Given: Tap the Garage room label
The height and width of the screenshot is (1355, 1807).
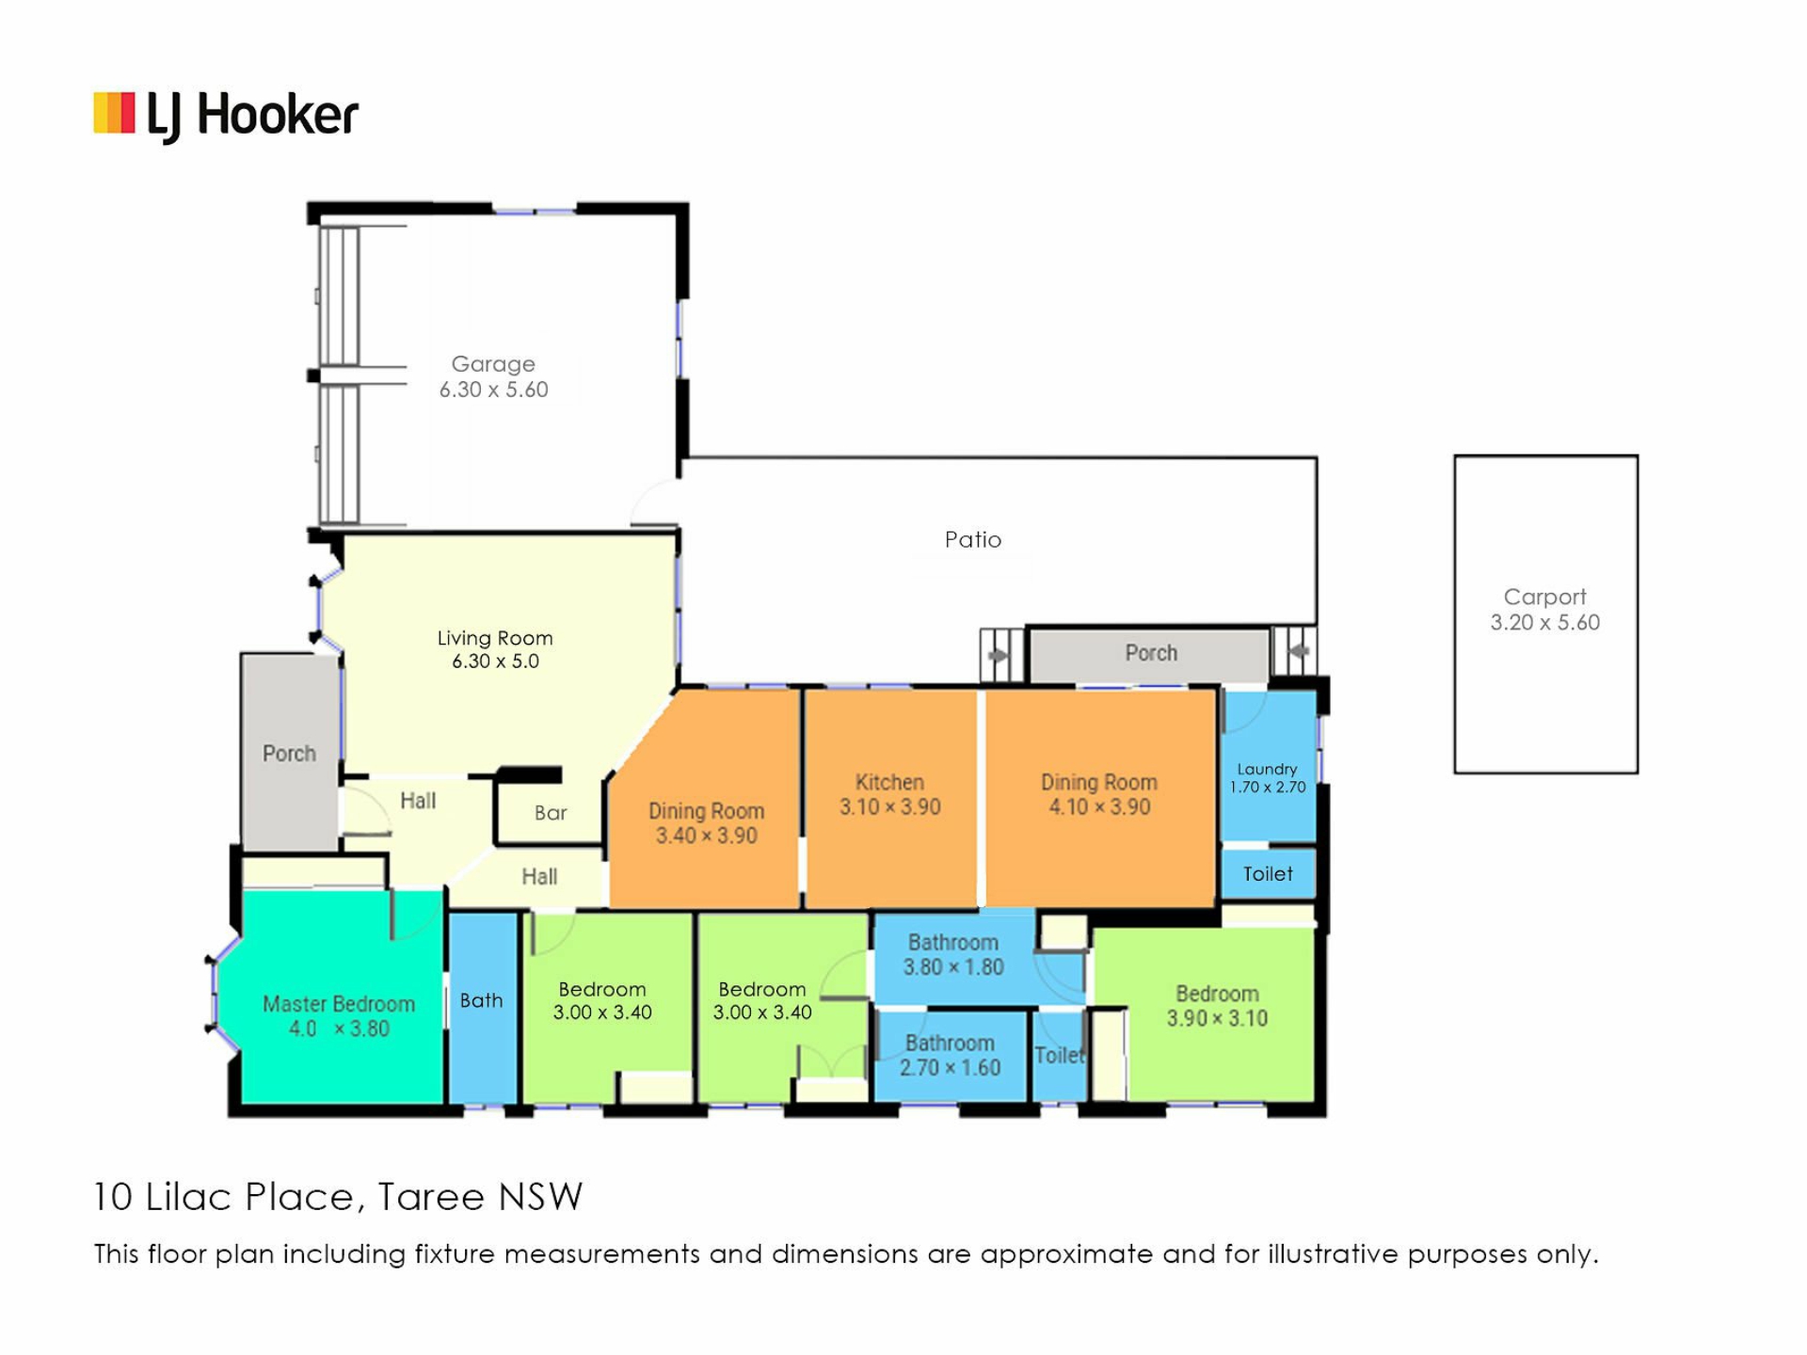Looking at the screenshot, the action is (493, 363).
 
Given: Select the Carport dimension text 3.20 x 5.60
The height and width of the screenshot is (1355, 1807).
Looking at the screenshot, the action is (1544, 622).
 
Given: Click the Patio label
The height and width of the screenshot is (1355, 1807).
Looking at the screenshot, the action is (973, 539).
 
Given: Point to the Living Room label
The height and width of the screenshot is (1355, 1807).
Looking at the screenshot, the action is (495, 638).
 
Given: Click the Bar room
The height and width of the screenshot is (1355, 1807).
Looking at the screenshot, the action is (551, 809).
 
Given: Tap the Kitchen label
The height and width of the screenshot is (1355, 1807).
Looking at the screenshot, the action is (889, 782).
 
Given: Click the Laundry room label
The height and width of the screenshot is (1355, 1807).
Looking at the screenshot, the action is (1267, 769).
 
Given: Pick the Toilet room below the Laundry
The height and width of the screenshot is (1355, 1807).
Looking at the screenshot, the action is (1268, 873).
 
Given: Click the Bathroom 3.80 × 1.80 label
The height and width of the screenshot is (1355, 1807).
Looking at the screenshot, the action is (953, 954).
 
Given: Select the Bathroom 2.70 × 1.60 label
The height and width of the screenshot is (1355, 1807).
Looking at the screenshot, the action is (950, 1055).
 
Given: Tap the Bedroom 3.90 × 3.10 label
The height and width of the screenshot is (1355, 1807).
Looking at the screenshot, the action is (1217, 1006).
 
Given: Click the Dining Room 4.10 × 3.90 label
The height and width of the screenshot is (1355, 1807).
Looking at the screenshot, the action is (1099, 794).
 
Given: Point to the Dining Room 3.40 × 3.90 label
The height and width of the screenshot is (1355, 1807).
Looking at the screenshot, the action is (706, 822).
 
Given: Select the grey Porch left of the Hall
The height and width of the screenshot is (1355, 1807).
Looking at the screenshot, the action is (290, 753).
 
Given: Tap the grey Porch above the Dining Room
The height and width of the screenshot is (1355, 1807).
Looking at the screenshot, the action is (1150, 653).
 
